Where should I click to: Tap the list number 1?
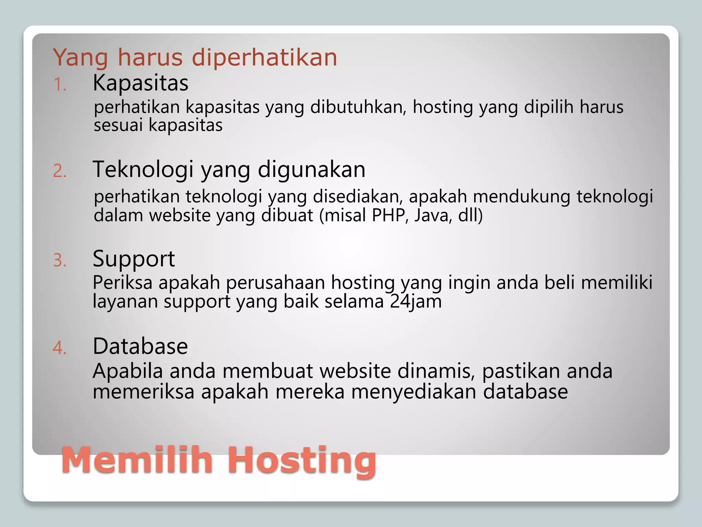(59, 84)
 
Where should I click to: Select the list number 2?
(59, 171)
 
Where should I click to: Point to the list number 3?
(59, 260)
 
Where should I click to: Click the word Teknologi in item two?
(143, 169)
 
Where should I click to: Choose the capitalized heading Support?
(134, 259)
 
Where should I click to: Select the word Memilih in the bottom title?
(137, 460)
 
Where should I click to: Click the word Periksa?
(122, 283)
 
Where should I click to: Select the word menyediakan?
(414, 392)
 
